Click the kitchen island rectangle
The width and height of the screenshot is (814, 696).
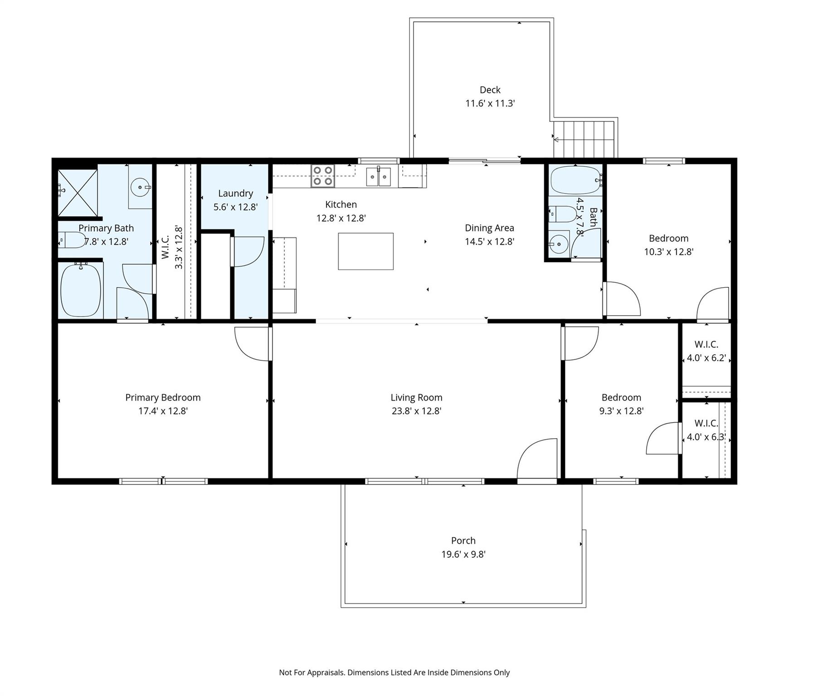[366, 251]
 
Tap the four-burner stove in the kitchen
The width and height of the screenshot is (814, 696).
[322, 176]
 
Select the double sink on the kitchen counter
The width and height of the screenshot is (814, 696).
[378, 176]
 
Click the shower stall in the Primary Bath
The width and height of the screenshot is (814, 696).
[78, 192]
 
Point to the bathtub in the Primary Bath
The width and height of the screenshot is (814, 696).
[81, 290]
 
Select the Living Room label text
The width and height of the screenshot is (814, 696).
[416, 397]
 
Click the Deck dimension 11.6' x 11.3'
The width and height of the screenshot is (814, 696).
[490, 103]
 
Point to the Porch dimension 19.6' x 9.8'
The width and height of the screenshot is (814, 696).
[463, 554]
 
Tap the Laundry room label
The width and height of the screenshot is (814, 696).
[235, 193]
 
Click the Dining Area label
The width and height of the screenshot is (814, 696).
[489, 228]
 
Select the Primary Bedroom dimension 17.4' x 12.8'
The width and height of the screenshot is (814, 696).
[163, 411]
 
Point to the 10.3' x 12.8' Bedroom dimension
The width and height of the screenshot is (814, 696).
[668, 252]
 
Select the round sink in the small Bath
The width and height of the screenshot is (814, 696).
[559, 244]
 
